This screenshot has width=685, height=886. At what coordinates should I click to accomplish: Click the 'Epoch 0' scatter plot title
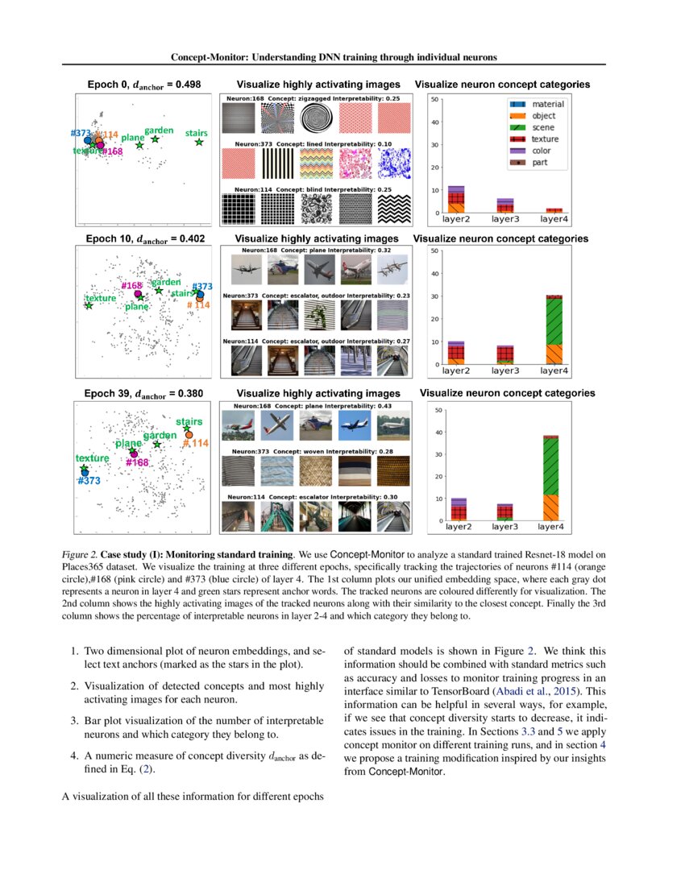[x=143, y=85]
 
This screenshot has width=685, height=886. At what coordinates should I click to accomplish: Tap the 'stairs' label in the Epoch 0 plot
[x=196, y=132]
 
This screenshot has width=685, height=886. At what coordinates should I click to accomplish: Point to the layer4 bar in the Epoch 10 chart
[x=554, y=330]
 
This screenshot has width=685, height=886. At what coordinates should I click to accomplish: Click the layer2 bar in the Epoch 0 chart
[x=456, y=200]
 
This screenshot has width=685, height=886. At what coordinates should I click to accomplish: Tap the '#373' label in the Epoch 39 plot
[x=88, y=480]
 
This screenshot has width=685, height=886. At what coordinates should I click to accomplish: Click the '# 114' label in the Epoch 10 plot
[x=198, y=305]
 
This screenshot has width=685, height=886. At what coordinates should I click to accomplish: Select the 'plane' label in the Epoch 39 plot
[x=128, y=444]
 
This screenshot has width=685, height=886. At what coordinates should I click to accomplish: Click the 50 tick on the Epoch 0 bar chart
[x=434, y=100]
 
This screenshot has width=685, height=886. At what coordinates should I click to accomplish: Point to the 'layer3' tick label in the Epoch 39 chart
[x=504, y=528]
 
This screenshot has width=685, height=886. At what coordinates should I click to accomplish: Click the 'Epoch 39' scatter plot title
[x=143, y=395]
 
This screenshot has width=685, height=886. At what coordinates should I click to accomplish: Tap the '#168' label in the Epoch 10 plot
[x=131, y=286]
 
